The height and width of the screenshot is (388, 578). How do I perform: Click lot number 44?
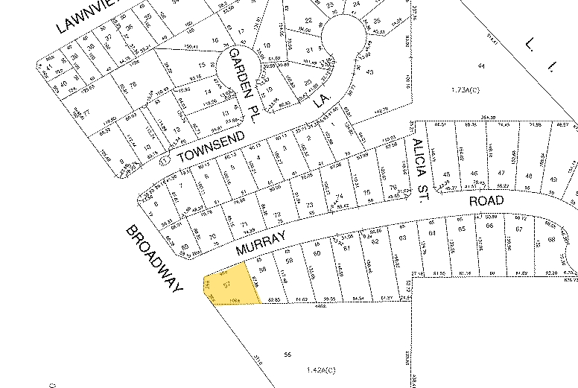[x=482, y=66]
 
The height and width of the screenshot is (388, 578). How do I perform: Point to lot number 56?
[x=288, y=355]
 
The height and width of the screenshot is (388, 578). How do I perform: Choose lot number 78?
[x=133, y=86]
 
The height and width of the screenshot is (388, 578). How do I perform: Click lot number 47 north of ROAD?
[x=509, y=176]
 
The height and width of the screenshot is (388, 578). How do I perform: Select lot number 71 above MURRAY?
[x=244, y=224]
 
